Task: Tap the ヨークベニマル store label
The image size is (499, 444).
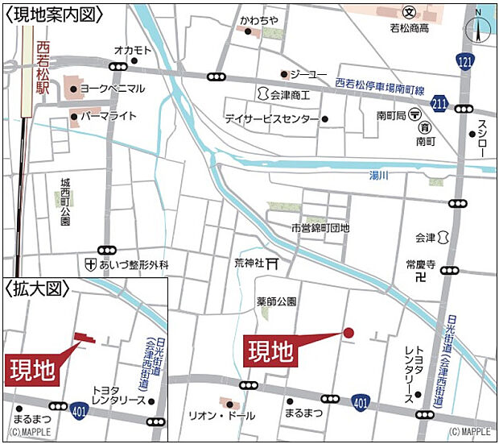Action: [113, 89]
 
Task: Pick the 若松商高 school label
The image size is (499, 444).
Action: [410, 27]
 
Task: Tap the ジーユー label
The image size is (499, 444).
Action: [308, 75]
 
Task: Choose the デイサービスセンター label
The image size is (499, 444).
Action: [271, 118]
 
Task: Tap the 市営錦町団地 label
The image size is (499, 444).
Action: [321, 228]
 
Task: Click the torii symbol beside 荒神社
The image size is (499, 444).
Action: [273, 263]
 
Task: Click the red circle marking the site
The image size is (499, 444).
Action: [348, 332]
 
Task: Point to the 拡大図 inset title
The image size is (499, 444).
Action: [37, 288]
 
